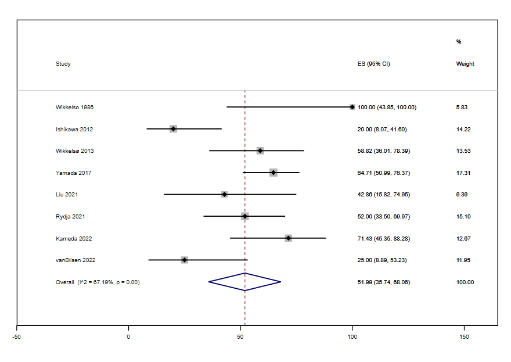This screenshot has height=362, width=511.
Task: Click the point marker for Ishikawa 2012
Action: click(173, 129)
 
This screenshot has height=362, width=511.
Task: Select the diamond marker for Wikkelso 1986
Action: click(352, 107)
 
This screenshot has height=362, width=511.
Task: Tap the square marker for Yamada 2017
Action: click(274, 173)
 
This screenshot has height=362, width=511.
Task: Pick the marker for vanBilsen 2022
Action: click(185, 260)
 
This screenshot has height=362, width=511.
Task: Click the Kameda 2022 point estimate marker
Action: click(289, 238)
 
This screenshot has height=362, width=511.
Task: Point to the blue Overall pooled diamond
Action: click(245, 282)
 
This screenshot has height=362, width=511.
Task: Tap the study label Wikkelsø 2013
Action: click(74, 151)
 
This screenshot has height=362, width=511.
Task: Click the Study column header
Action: click(63, 64)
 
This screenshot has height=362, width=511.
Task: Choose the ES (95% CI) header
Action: click(374, 64)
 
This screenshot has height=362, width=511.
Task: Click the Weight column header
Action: click(465, 64)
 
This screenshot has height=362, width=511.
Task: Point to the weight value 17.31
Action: click(463, 173)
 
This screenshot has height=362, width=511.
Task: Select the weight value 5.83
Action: click(462, 107)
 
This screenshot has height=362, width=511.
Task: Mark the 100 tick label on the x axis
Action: click(352, 336)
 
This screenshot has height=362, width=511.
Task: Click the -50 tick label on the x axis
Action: click(17, 336)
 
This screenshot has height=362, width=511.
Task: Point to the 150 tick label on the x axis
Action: click(464, 336)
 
